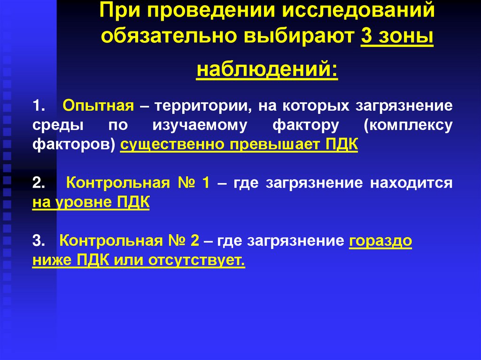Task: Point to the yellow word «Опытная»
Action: (x=98, y=106)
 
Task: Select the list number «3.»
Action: (x=39, y=241)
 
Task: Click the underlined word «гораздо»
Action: (x=380, y=241)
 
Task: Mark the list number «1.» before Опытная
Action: (x=39, y=106)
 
